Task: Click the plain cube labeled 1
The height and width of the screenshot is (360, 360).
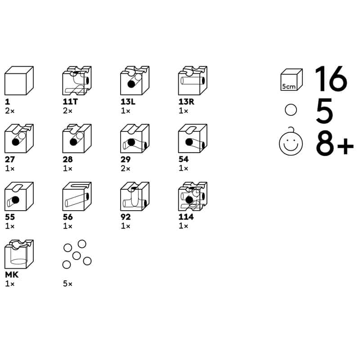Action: (19, 81)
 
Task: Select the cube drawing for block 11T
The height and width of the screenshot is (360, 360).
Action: (77, 81)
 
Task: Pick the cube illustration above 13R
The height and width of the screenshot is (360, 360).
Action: (193, 81)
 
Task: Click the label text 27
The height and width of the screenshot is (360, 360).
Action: (9, 159)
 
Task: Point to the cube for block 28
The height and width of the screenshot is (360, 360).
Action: (77, 139)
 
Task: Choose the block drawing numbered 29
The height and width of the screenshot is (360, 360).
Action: (135, 139)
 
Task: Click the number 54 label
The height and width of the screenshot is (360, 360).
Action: (184, 159)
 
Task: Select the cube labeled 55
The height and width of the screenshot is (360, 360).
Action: (19, 196)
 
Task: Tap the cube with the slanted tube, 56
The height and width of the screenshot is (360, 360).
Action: (77, 196)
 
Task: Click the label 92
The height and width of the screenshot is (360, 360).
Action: (126, 217)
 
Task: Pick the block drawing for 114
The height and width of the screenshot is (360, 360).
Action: (193, 196)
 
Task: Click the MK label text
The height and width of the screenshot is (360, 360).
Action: (12, 274)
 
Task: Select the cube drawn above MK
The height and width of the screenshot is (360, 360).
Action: (19, 254)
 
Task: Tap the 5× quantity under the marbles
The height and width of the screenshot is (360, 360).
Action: (67, 284)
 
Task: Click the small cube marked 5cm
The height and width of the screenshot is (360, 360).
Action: (291, 80)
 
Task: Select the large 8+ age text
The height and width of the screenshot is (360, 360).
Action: (335, 143)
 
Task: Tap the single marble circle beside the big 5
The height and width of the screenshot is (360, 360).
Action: (291, 110)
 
